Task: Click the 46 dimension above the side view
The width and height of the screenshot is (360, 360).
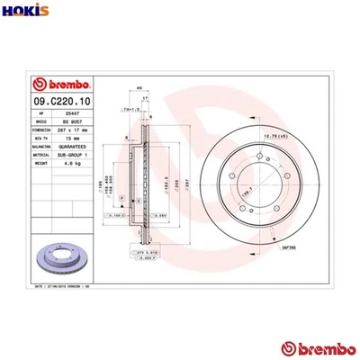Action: click(138, 87)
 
